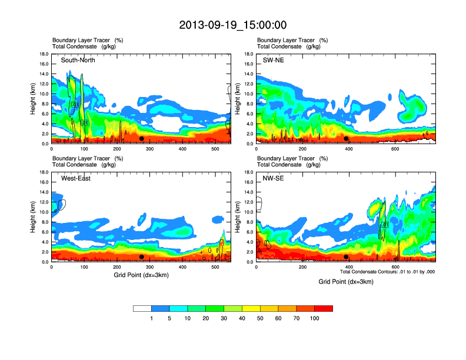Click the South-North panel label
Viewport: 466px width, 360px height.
78,60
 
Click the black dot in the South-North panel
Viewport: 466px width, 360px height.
142,139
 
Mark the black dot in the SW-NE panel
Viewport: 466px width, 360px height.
347,139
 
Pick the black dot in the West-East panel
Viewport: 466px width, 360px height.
142,257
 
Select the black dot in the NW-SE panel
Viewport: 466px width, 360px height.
347,257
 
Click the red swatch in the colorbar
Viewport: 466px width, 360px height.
324,308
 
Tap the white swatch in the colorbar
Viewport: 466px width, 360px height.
142,308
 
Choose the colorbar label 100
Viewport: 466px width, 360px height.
315,318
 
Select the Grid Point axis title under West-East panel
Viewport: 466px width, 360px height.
141,275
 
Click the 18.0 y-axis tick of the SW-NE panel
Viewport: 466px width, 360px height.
249,54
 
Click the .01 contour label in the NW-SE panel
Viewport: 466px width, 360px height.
385,225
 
